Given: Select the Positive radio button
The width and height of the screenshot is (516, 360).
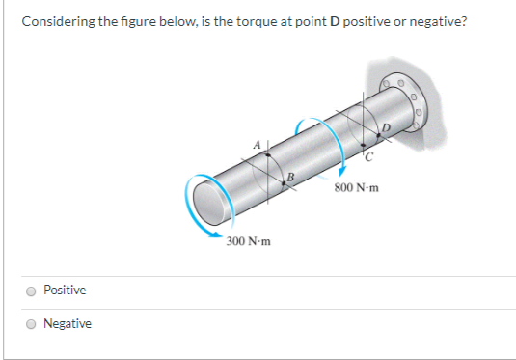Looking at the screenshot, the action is pyautogui.click(x=33, y=291).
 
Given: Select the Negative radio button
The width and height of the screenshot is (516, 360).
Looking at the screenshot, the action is pyautogui.click(x=33, y=324).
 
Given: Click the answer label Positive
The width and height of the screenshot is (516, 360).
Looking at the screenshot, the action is pyautogui.click(x=65, y=291).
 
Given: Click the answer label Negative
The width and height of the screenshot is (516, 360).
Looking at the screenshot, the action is pyautogui.click(x=68, y=324).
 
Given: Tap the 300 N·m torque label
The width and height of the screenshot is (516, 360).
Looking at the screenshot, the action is pyautogui.click(x=249, y=240).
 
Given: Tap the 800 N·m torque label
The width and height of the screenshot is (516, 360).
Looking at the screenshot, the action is pyautogui.click(x=355, y=187).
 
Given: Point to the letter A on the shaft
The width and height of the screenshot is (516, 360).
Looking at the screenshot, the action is pyautogui.click(x=258, y=143).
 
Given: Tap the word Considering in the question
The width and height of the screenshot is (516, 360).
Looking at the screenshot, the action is pyautogui.click(x=55, y=20).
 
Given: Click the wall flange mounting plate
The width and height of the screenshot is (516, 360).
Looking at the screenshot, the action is pyautogui.click(x=406, y=97).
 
